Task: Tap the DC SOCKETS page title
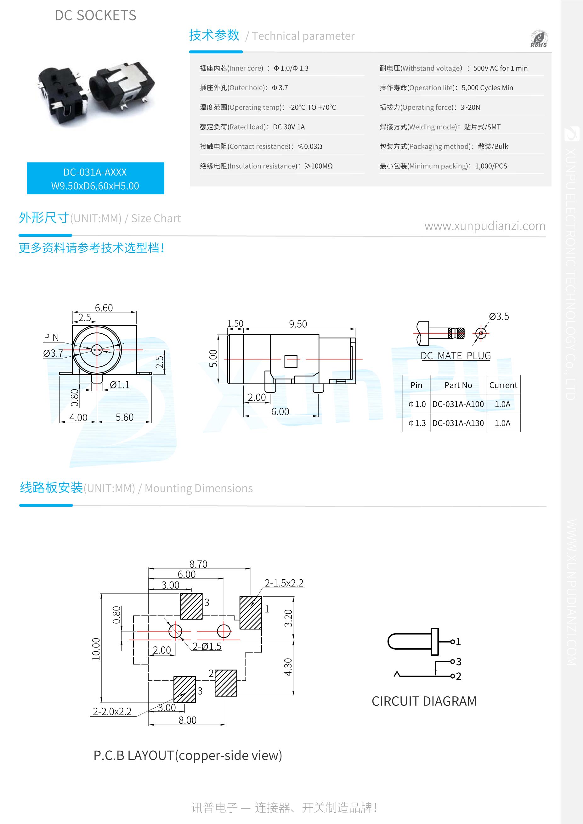coord(95,15)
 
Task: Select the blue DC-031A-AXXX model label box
coord(96,178)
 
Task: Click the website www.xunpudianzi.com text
coord(484,226)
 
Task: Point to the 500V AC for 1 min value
coord(500,68)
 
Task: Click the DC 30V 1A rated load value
coord(288,127)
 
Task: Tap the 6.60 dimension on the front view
coord(104,308)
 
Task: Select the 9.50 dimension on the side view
coord(298,324)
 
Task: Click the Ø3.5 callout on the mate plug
coord(499,316)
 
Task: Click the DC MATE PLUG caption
coord(456,356)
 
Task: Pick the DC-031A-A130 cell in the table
coord(458,423)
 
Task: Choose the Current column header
coord(503,385)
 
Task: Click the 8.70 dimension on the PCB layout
coord(198,564)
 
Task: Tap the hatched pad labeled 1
coord(250,613)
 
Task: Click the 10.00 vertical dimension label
coord(96,649)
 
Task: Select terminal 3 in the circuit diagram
coord(458,661)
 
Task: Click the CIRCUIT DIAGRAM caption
coord(424,701)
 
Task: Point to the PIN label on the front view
coord(51,337)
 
